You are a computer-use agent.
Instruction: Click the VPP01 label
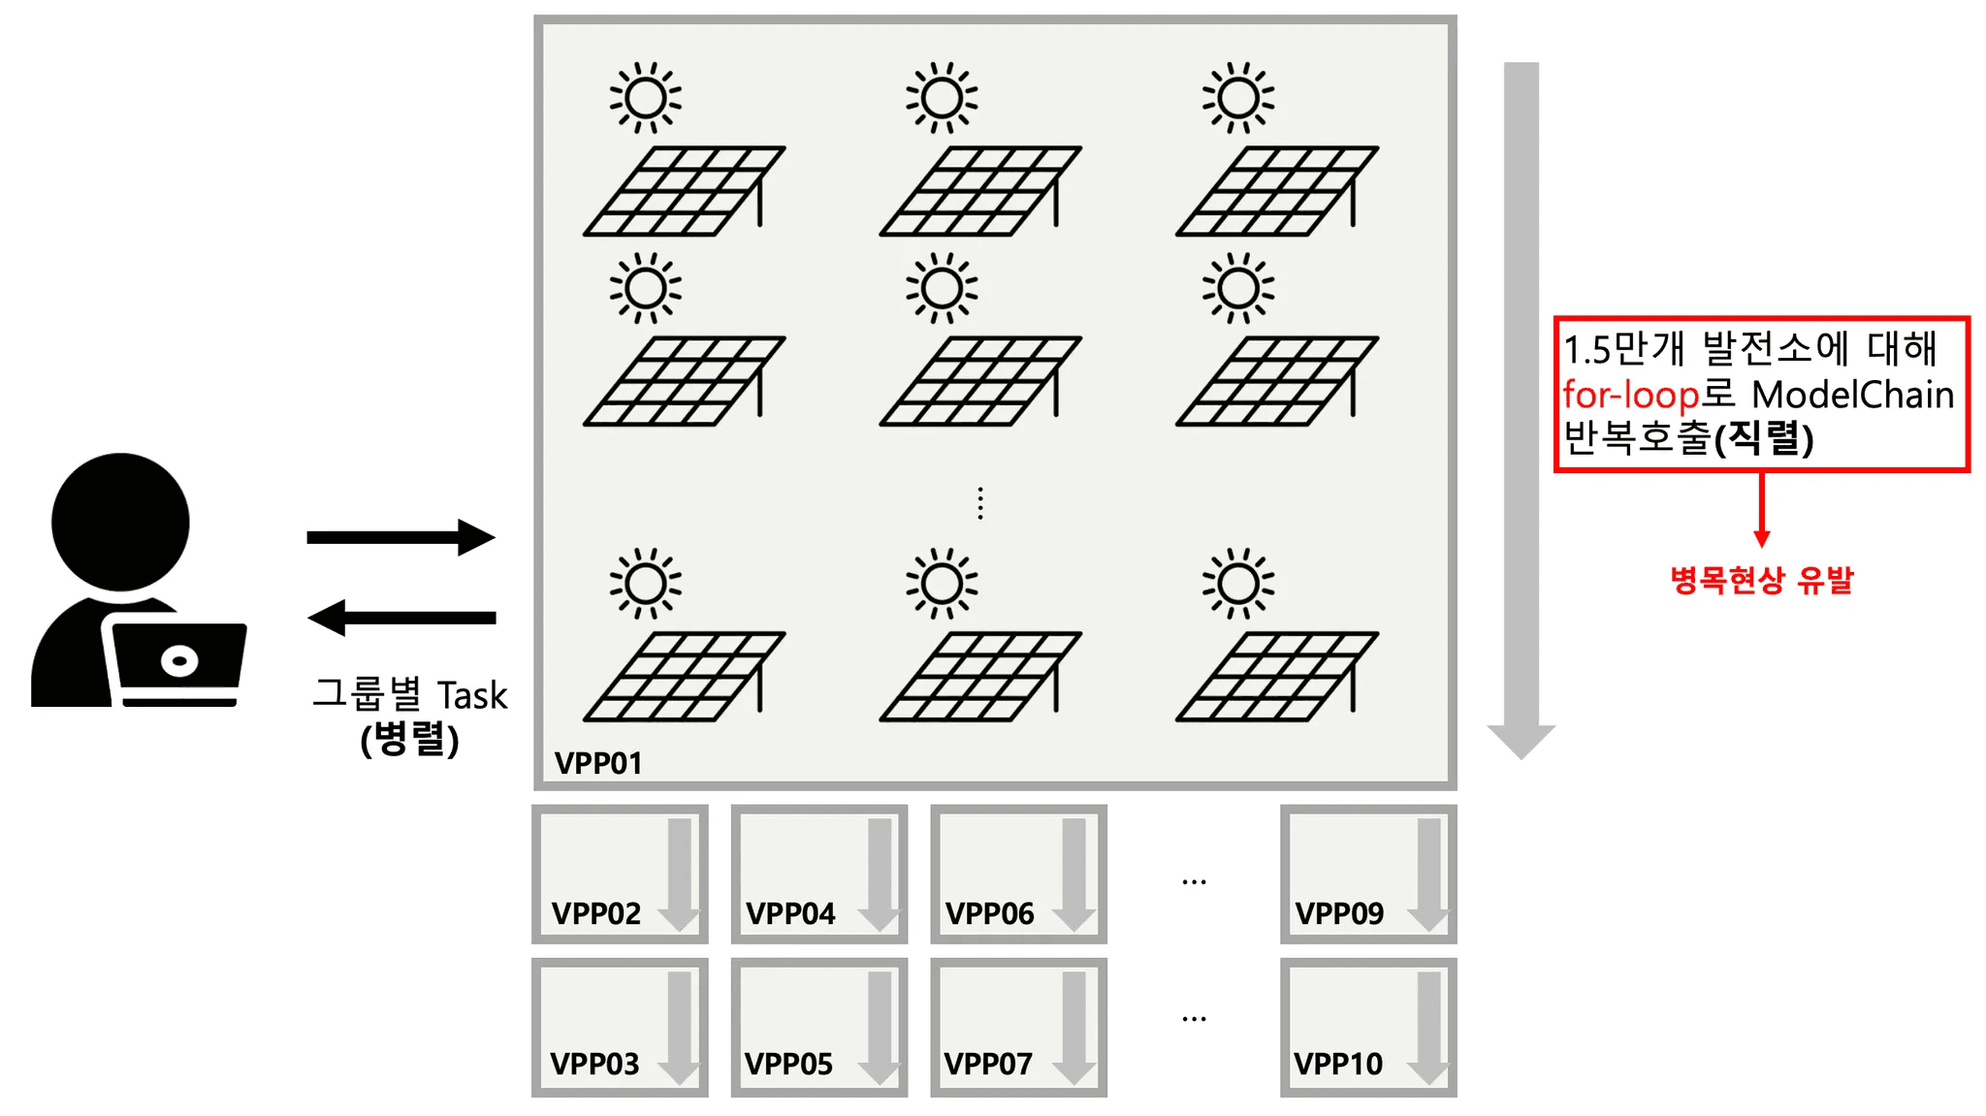pyautogui.click(x=598, y=763)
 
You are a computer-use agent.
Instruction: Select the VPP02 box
pyautogui.click(x=620, y=874)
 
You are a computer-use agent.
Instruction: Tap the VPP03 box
pyautogui.click(x=620, y=1027)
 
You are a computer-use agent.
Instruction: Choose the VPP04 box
pyautogui.click(x=819, y=874)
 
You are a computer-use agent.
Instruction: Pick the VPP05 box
pyautogui.click(x=819, y=1027)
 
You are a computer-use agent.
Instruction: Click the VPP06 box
pyautogui.click(x=1018, y=874)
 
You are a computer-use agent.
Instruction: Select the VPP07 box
pyautogui.click(x=1018, y=1027)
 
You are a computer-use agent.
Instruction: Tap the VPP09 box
pyautogui.click(x=1368, y=874)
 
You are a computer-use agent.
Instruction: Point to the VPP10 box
pyautogui.click(x=1368, y=1027)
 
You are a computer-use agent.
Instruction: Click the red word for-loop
pyautogui.click(x=1630, y=395)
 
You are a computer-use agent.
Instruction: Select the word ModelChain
pyautogui.click(x=1853, y=395)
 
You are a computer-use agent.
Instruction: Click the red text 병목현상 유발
pyautogui.click(x=1761, y=580)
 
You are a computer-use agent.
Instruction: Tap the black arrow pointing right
pyautogui.click(x=400, y=537)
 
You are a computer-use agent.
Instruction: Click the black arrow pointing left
pyautogui.click(x=400, y=618)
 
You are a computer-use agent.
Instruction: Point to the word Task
pyautogui.click(x=472, y=695)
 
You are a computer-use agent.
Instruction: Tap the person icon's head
pyautogui.click(x=120, y=522)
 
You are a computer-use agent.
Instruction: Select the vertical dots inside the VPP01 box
pyautogui.click(x=980, y=503)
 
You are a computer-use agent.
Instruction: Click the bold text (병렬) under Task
pyautogui.click(x=409, y=740)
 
